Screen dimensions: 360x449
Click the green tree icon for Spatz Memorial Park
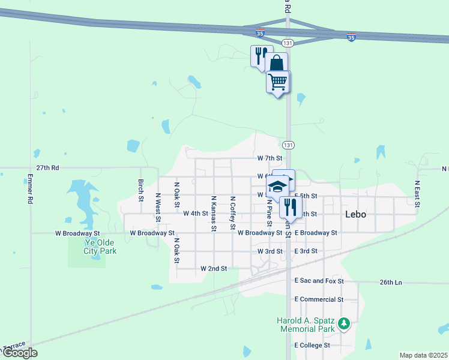(x=344, y=325)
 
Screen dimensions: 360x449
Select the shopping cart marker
(x=278, y=82)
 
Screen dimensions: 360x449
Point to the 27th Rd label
(x=47, y=169)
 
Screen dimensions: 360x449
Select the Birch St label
(x=141, y=190)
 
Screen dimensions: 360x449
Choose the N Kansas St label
(x=213, y=212)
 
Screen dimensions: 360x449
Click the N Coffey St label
(x=232, y=212)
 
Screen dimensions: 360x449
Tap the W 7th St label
(x=270, y=158)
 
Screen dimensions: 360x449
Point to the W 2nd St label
(x=214, y=269)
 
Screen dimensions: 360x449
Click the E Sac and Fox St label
(x=319, y=281)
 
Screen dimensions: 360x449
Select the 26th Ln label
(x=390, y=282)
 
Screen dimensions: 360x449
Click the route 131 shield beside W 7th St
(x=288, y=145)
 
